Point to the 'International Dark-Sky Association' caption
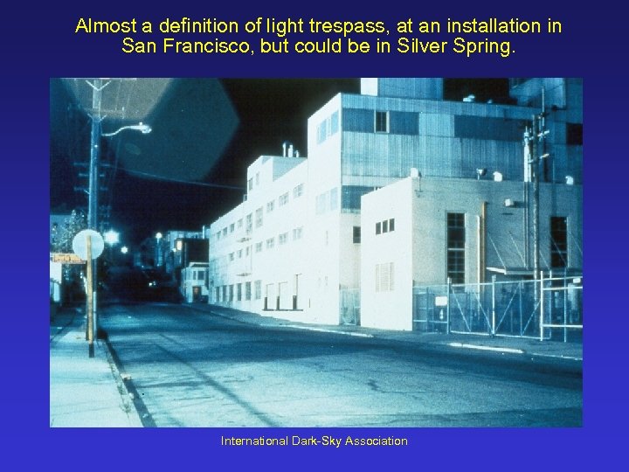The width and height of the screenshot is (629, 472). (314, 441)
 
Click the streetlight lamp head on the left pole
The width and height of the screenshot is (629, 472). (139, 128)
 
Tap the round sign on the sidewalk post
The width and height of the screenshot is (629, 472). (88, 245)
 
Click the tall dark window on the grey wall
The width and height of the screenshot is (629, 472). (455, 247)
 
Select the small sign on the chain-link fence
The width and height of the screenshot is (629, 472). (440, 301)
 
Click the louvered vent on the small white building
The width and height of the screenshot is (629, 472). (384, 277)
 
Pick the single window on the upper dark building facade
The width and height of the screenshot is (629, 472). (381, 121)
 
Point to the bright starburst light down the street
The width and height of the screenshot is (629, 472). (111, 236)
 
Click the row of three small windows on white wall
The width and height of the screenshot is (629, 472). (384, 226)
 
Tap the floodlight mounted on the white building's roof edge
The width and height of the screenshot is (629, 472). (415, 174)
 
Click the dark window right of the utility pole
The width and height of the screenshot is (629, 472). (557, 241)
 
